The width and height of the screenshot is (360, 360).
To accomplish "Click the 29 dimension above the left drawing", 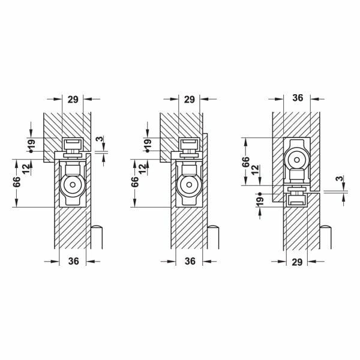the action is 73,100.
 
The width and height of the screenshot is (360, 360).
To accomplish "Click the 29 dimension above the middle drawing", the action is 190,100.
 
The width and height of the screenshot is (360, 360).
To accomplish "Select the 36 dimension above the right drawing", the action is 298,98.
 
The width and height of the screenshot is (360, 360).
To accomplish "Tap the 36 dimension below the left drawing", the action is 74,261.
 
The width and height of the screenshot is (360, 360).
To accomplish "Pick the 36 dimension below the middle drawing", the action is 190,261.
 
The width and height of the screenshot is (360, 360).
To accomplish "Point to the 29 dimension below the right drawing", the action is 297,262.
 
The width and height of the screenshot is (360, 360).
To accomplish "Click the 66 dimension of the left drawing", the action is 17,182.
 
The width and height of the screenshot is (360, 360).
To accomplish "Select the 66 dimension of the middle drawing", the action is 135,182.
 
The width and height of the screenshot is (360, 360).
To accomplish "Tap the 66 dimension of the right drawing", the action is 245,162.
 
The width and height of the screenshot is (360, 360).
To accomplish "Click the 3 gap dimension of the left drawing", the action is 100,139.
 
